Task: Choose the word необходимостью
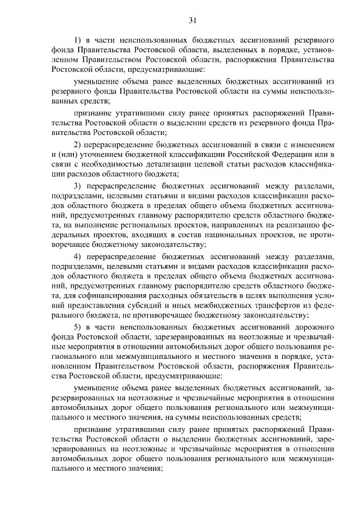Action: point(105,164)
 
